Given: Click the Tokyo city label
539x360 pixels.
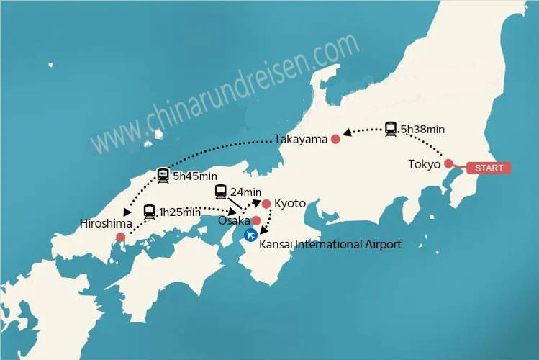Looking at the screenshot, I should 424,165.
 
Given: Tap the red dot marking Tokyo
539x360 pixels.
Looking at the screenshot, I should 448,163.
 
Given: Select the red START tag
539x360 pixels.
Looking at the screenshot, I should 489,168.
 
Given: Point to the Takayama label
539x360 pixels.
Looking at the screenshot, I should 301,139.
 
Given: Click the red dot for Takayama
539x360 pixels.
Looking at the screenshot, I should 335,139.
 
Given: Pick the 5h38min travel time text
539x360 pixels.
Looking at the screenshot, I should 422,130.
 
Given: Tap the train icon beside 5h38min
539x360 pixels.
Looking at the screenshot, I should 391,129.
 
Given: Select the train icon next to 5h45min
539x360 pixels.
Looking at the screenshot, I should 164,175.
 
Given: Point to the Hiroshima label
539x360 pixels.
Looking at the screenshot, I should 106,224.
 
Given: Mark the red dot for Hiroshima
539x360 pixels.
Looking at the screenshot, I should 120,237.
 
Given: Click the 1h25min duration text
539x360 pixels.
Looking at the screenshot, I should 180,212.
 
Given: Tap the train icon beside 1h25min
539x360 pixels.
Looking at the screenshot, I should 150,212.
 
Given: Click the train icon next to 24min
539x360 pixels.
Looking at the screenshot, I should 222,192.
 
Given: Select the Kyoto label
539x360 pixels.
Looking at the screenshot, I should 290,204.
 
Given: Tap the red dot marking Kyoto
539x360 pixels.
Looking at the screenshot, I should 266,204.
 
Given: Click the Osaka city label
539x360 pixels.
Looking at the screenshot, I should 235,220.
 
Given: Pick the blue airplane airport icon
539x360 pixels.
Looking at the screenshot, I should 250,235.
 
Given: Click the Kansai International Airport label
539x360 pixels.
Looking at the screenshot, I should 330,245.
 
